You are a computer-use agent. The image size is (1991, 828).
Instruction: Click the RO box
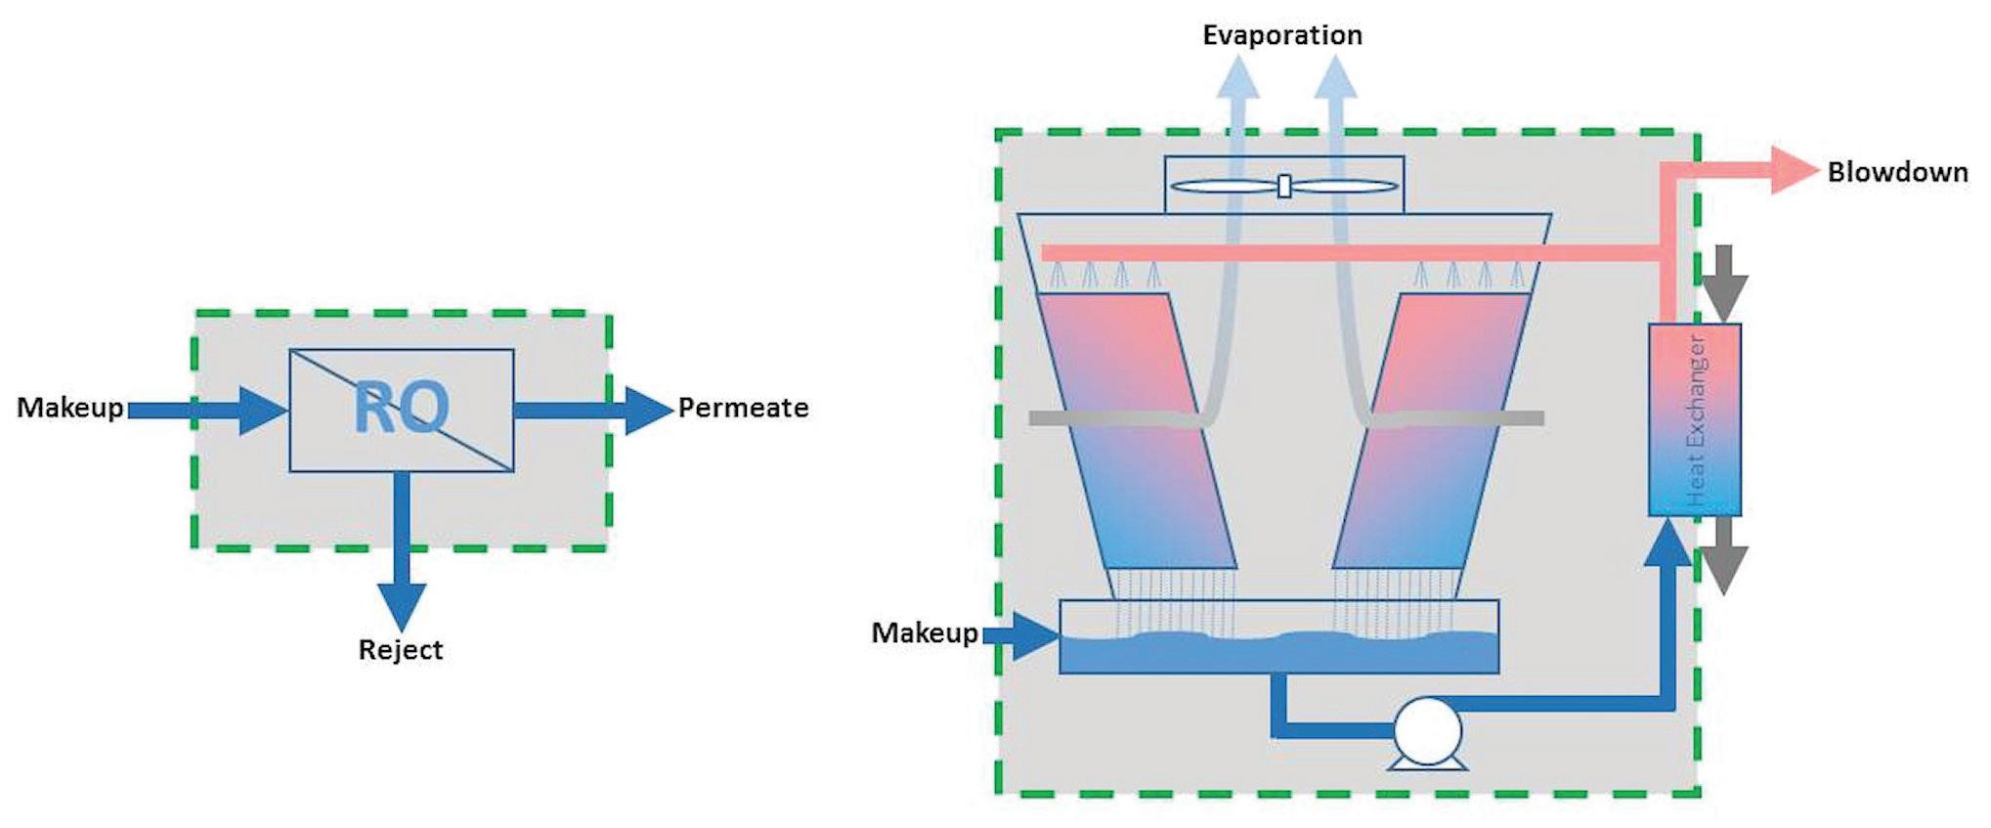pos(402,410)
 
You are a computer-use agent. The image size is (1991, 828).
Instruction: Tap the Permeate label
pos(743,408)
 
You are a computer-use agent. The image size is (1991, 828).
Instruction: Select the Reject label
pos(401,650)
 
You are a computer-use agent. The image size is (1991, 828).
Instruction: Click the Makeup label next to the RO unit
pos(70,408)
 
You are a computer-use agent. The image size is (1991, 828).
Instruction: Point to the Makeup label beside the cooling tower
pos(925,633)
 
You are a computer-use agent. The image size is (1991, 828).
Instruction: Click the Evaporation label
pos(1282,36)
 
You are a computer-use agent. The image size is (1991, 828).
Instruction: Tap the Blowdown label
pos(1898,172)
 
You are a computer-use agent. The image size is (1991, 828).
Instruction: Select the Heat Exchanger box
pos(1695,419)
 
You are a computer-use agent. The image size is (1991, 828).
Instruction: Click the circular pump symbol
pos(1427,731)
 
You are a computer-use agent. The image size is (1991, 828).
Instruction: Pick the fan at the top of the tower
pos(1284,186)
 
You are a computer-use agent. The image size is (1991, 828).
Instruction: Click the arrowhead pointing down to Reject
pos(402,607)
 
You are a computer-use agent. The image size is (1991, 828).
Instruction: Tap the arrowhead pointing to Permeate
pos(650,411)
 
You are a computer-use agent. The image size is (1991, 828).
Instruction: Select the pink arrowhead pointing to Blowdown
pos(1796,172)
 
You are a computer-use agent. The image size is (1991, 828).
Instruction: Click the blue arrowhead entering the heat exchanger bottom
pos(1668,543)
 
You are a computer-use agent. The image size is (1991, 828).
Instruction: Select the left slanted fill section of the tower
pos(1136,431)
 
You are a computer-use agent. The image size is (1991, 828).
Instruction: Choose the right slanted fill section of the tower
pos(1432,431)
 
